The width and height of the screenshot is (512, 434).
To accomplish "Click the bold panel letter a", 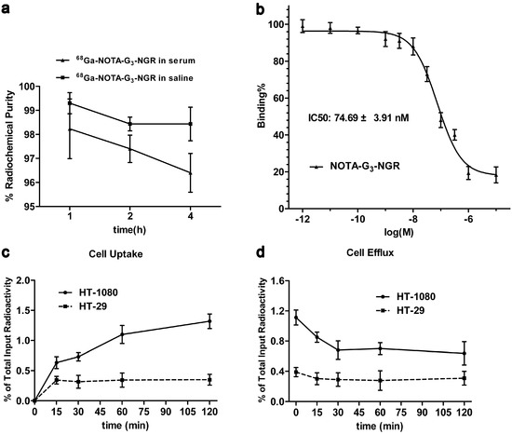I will pyautogui.click(x=7, y=9).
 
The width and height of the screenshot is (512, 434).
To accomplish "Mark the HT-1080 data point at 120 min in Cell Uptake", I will pyautogui.click(x=209, y=321).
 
